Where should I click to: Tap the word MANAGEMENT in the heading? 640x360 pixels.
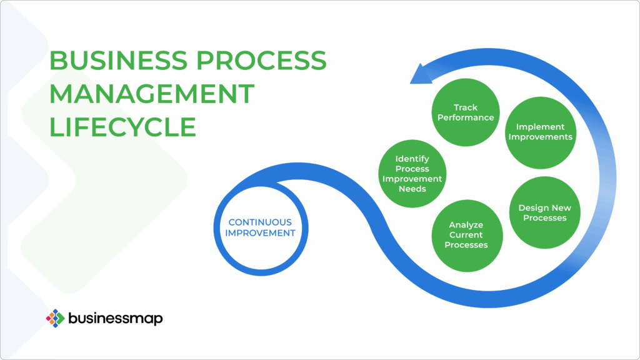tap(152, 94)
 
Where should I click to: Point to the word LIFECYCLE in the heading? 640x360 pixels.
tap(122, 127)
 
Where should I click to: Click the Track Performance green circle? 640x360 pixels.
tap(466, 112)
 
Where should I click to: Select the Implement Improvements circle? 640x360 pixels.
tap(540, 132)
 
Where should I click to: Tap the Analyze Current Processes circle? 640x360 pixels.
tap(466, 234)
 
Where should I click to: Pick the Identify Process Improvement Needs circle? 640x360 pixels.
tap(412, 174)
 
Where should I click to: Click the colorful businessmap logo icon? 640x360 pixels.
tap(56, 318)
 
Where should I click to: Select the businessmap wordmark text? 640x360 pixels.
tap(116, 318)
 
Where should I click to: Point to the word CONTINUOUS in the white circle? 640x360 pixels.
tap(259, 222)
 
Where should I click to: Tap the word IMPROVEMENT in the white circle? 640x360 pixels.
tap(259, 232)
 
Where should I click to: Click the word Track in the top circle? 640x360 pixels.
tap(466, 107)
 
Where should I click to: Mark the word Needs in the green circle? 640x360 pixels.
tap(412, 189)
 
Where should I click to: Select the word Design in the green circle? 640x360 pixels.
tap(532, 208)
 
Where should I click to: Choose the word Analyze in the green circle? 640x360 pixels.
tap(466, 225)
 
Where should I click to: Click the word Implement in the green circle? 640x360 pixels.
tap(540, 127)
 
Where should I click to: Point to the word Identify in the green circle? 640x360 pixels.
tap(412, 159)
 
